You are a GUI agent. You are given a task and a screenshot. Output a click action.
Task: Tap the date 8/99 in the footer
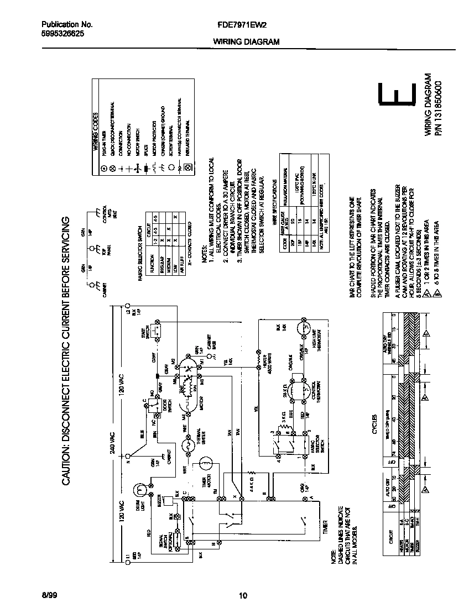[x=49, y=595]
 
